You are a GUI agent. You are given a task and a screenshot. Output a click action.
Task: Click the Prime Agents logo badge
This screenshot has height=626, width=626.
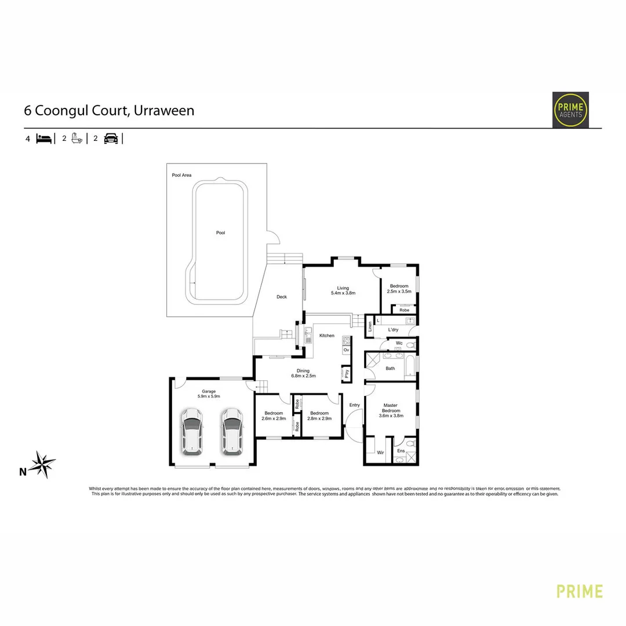point(570,110)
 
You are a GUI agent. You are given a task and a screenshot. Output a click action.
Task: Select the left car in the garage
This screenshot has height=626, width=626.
point(191,431)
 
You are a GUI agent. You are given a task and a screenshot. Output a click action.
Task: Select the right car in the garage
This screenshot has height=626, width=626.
point(231,431)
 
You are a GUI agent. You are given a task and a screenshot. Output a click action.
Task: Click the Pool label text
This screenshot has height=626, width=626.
point(220,233)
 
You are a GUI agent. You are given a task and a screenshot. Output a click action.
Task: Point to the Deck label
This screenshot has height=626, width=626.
point(282,297)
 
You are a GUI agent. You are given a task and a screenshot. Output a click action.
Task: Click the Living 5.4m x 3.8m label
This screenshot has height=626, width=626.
point(343,290)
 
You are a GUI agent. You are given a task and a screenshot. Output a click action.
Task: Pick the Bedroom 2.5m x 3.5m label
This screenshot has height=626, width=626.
point(399,289)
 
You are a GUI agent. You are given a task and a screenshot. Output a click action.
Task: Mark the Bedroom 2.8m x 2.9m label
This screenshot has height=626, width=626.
point(319,416)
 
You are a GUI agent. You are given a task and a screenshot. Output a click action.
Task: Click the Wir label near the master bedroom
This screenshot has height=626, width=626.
point(380,452)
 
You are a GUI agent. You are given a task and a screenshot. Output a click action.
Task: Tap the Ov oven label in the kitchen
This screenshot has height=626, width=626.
point(346,350)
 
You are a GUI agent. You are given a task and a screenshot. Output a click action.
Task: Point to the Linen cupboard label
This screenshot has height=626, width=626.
point(369,327)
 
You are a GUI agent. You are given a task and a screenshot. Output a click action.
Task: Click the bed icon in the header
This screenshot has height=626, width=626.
point(44,139)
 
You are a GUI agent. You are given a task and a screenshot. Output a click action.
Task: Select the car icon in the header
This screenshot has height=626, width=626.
point(111,139)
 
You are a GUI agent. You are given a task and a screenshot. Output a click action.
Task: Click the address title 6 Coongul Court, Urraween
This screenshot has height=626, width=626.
point(109,110)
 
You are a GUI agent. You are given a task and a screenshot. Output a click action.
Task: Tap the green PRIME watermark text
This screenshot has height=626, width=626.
point(579,591)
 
